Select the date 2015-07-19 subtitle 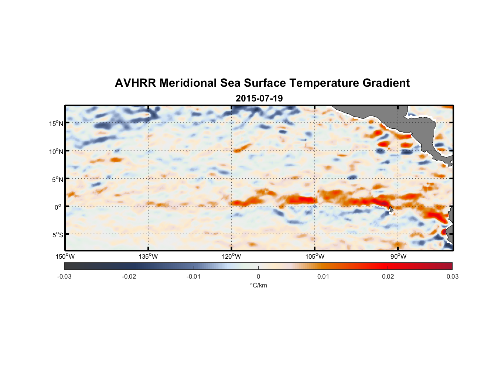coord(259,98)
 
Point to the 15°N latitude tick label coord(56,123)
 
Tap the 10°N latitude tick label coord(56,151)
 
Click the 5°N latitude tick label coord(57,179)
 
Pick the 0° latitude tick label coord(58,207)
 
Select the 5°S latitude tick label coord(57,235)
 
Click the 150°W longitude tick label coord(65,256)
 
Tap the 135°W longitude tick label coord(148,256)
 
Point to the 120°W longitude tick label coord(231,256)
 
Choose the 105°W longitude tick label coord(315,256)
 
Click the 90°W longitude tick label coord(398,256)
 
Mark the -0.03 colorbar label coord(64,277)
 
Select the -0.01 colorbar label coord(194,277)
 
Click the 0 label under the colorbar coord(258,277)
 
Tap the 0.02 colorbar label coord(388,277)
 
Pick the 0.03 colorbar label coord(452,277)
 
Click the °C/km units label coord(258,285)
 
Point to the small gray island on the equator coord(391,209)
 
